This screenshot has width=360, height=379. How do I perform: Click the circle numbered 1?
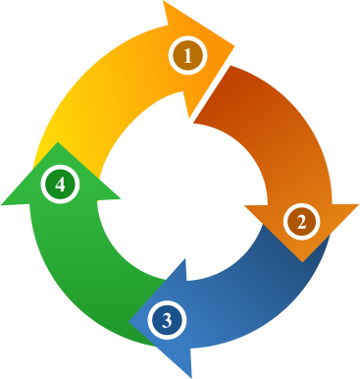click(x=186, y=56)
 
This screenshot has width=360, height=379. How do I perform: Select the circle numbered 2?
click(x=302, y=222)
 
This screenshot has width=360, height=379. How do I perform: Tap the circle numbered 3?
click(x=168, y=319)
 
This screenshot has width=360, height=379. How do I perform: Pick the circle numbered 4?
click(x=61, y=184)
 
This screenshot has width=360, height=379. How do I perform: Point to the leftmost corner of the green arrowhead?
click(x=2, y=204)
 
